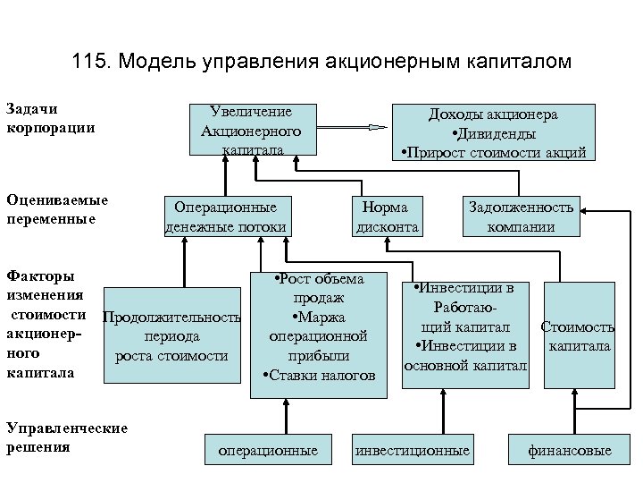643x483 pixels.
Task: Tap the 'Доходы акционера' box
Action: pyautogui.click(x=494, y=132)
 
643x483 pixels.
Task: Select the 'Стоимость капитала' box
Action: pyautogui.click(x=578, y=336)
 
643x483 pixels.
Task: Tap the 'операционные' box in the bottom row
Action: pyautogui.click(x=268, y=451)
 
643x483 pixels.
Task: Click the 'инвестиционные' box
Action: pyautogui.click(x=412, y=451)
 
